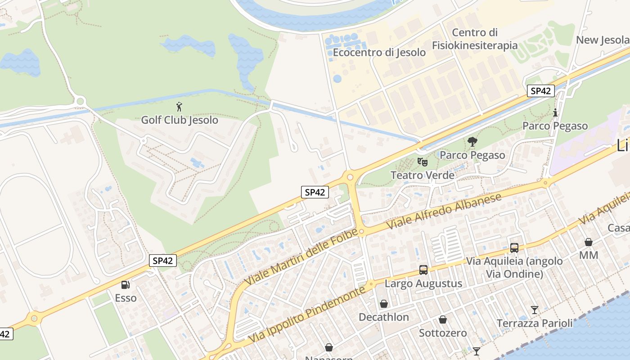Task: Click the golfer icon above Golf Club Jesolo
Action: (180, 107)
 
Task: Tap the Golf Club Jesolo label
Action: (180, 120)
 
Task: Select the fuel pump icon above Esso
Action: (125, 284)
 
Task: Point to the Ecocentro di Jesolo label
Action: (379, 52)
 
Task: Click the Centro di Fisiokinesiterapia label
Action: (475, 39)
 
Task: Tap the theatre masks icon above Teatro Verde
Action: (422, 162)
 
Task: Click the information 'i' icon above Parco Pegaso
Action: (555, 112)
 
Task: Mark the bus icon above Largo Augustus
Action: (423, 270)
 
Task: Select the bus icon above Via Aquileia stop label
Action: (514, 247)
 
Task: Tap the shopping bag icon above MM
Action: (588, 242)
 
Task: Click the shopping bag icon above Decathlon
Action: (384, 304)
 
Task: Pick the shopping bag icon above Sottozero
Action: (443, 319)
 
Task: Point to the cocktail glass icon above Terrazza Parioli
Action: (534, 310)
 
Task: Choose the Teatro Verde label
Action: (423, 175)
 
